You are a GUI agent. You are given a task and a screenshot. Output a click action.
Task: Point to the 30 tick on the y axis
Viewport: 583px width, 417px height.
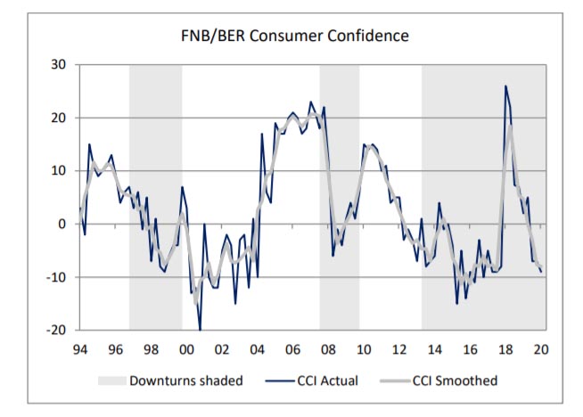click(60, 65)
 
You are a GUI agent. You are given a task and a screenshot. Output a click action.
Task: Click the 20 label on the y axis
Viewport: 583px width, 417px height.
click(60, 118)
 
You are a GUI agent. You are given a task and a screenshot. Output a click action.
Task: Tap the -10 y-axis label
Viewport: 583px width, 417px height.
click(57, 277)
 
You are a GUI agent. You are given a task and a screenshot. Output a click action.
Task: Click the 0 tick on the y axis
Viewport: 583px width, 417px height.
click(62, 224)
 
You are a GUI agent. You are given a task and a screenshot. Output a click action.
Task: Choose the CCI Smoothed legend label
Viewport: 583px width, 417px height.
click(456, 380)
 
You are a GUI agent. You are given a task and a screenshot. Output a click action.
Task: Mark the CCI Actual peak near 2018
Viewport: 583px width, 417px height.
click(505, 86)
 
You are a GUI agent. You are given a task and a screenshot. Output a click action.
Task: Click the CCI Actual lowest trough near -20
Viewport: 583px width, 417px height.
click(200, 330)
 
